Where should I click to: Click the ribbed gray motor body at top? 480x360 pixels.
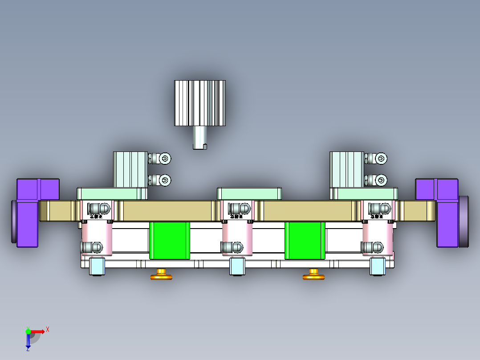pos(200,103)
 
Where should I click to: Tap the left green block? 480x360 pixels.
pos(170,240)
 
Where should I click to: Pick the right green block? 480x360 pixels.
pos(305,240)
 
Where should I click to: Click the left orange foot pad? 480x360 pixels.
pos(161,276)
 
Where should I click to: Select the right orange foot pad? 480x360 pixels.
pos(313,276)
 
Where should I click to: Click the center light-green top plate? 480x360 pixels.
pos(249,193)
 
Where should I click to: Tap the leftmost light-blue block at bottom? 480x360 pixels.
pos(97,266)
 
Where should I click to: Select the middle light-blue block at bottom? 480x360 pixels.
pos(237,266)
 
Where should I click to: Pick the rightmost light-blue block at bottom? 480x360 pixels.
pos(378,266)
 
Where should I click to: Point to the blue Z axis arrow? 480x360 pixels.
pos(28,341)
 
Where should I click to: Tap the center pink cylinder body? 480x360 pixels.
pos(237,236)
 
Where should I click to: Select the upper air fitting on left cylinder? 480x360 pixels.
pos(161,158)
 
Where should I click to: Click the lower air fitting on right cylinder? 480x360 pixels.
pos(377,180)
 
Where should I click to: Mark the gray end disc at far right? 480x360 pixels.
pos(464,221)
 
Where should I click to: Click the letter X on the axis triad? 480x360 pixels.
pos(48,329)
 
